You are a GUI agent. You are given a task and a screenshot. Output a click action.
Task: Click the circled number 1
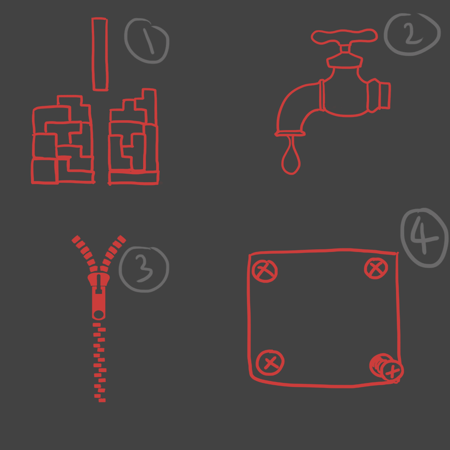point(146,41)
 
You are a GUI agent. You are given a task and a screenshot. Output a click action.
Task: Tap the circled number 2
point(412,34)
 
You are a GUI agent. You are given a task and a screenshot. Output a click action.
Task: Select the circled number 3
point(144,269)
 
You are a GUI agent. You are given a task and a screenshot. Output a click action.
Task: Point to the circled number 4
point(424,238)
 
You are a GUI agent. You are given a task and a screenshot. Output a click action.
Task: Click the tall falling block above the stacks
point(100,54)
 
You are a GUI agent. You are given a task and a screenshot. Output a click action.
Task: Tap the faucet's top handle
point(344,37)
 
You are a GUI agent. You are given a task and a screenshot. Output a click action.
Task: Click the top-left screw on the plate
point(265,271)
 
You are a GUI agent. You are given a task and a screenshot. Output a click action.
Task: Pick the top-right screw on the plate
point(376,268)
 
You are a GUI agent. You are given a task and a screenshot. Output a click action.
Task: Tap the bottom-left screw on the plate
point(270,362)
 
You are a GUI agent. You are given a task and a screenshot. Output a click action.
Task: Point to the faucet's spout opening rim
point(290,133)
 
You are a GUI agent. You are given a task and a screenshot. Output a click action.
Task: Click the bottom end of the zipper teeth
point(102,400)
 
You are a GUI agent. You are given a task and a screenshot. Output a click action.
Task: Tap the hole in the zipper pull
point(99,315)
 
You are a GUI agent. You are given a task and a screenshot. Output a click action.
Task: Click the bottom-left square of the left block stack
point(45,171)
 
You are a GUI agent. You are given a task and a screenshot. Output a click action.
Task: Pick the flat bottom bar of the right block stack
point(134,178)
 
